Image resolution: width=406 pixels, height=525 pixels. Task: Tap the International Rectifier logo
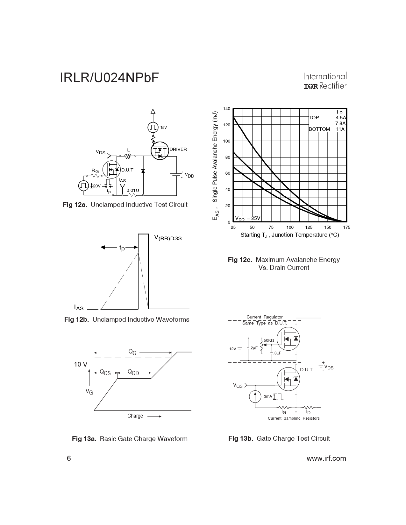[325, 81]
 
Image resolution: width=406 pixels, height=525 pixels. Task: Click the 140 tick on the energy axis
[226, 109]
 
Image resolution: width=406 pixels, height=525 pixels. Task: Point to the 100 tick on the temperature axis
[290, 227]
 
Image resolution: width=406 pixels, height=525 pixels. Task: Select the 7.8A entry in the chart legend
[340, 123]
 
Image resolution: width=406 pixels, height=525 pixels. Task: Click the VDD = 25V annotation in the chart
[247, 218]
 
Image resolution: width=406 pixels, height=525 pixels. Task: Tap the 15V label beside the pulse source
[163, 128]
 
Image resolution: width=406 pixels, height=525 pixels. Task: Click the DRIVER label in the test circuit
[178, 149]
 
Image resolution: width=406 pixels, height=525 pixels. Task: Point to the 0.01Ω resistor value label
[132, 190]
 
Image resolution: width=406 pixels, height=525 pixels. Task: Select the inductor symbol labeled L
[128, 156]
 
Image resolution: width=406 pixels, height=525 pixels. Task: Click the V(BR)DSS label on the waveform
[168, 238]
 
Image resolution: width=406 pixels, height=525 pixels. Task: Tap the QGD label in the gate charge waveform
[133, 372]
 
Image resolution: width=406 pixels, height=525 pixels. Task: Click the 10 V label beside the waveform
[81, 364]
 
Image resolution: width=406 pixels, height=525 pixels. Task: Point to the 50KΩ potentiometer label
[269, 340]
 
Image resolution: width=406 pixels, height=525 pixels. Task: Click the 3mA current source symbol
[255, 396]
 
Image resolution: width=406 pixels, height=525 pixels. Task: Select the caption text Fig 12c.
[240, 260]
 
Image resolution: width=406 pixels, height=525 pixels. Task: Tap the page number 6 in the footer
[69, 458]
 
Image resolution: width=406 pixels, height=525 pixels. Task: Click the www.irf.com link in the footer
[326, 458]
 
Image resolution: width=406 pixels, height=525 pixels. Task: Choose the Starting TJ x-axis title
[289, 235]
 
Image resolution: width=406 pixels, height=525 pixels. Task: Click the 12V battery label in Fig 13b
[233, 349]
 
